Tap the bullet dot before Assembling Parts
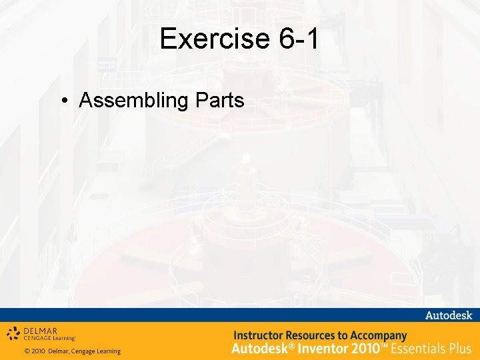(x=64, y=101)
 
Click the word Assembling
(x=133, y=101)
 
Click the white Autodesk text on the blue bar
(x=448, y=315)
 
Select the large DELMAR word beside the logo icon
(x=41, y=330)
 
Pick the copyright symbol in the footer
(x=27, y=351)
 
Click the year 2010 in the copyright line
(x=39, y=351)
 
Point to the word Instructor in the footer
(x=259, y=335)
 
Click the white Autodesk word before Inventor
(x=257, y=348)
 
